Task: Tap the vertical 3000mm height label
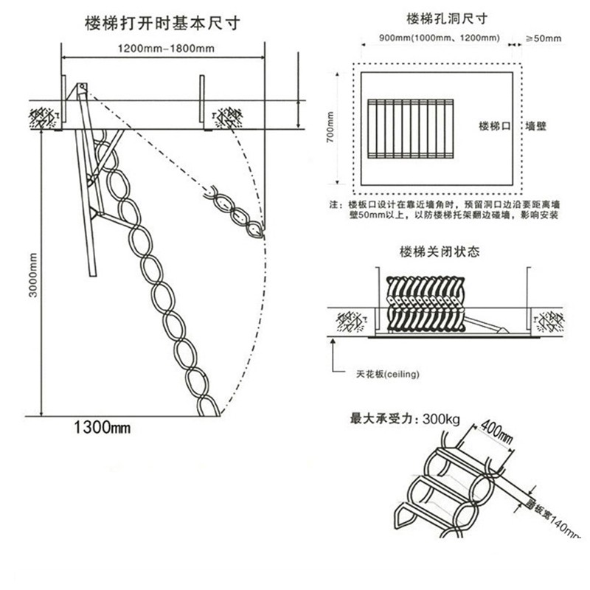click(x=32, y=274)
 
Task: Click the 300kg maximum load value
click(x=441, y=420)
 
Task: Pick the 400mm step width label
click(x=495, y=434)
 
